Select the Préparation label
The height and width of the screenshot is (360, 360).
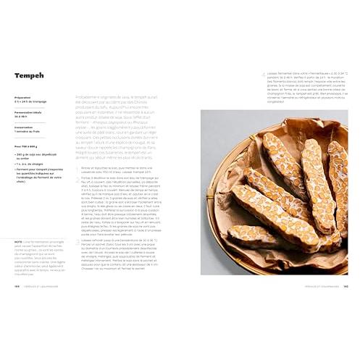(22, 97)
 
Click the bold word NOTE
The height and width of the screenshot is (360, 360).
(17, 242)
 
